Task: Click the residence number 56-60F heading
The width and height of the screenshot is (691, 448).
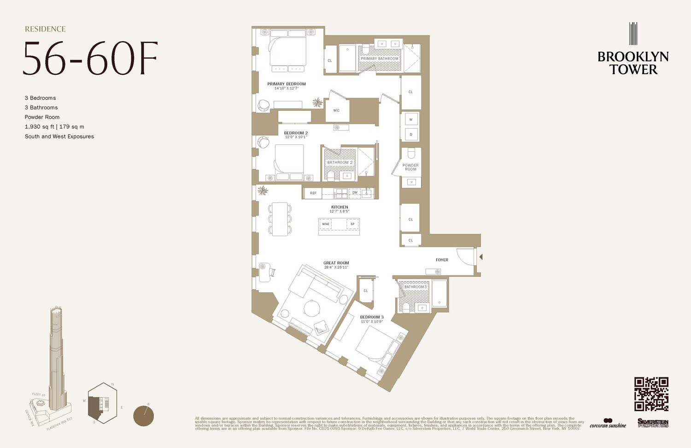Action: [90, 59]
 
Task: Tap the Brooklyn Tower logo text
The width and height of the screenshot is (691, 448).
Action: [633, 63]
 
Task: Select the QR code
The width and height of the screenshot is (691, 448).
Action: [651, 394]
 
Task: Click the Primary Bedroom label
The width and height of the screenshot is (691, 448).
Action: [287, 84]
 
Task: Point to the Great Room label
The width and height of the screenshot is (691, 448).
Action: [336, 263]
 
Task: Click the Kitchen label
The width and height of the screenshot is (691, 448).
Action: [340, 207]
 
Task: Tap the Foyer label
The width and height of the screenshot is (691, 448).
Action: [442, 260]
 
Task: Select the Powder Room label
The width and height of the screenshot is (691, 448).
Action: [410, 167]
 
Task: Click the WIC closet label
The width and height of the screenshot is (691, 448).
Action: [336, 111]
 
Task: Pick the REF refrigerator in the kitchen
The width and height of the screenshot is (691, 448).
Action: [313, 193]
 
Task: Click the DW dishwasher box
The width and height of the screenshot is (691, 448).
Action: [355, 193]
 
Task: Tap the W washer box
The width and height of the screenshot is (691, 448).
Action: [411, 119]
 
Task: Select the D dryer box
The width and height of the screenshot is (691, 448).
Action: [411, 135]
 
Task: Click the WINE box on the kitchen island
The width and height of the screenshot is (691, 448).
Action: [326, 224]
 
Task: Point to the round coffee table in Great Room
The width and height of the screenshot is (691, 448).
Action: [312, 308]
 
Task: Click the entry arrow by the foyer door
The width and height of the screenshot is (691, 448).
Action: [480, 257]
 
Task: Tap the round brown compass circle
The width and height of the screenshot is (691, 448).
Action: [144, 416]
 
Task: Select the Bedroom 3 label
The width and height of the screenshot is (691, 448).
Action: [371, 317]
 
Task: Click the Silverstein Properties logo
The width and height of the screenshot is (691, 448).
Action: [653, 423]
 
